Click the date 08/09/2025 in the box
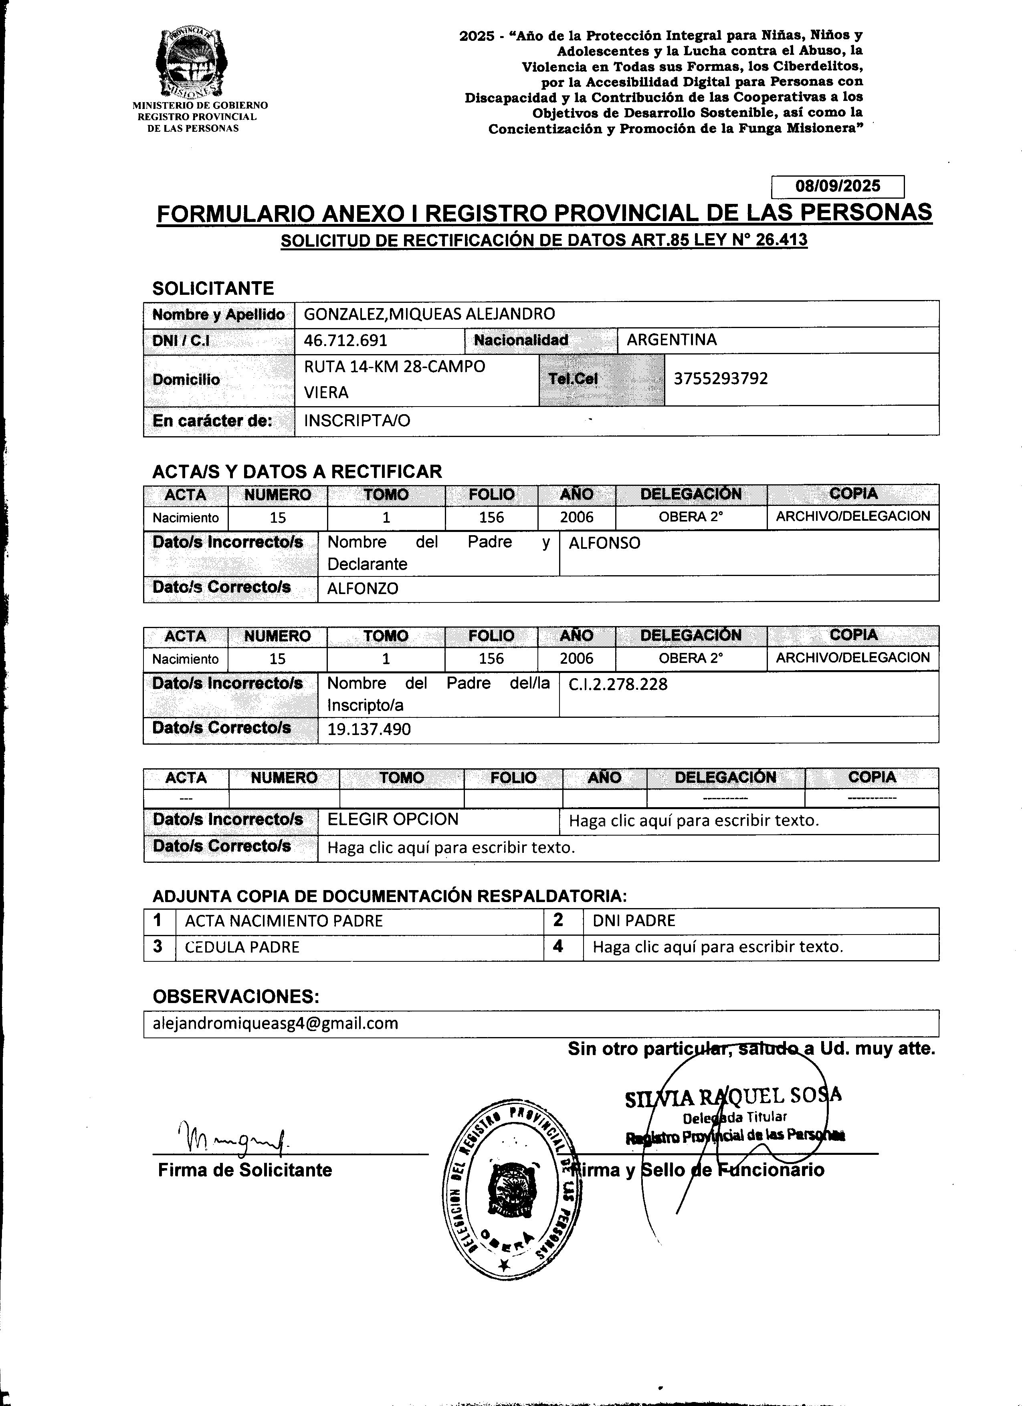838,186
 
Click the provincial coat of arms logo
191,64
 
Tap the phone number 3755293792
721,379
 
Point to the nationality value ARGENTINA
672,340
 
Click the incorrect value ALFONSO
605,544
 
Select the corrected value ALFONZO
363,588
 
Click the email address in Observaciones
275,1023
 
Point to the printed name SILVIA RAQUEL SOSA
733,1097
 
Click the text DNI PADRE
634,921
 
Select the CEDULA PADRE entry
242,947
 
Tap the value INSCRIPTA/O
357,421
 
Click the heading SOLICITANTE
213,288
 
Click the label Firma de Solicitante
245,1170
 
